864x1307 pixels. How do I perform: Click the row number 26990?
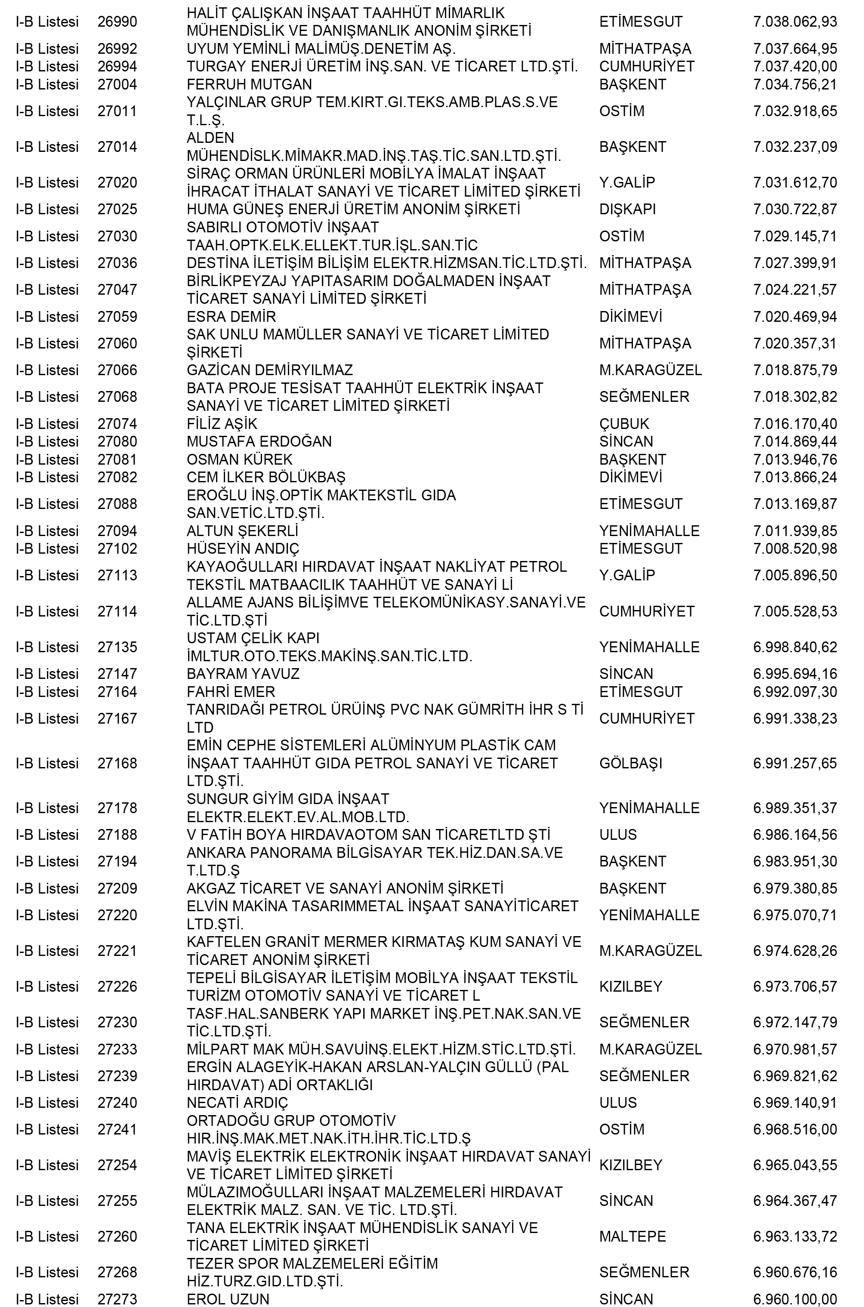[x=117, y=22]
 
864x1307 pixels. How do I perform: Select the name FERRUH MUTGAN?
[x=249, y=84]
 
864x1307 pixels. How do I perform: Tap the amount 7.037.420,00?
[x=795, y=67]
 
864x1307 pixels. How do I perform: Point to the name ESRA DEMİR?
[x=231, y=317]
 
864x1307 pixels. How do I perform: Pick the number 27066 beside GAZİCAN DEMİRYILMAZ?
[x=117, y=370]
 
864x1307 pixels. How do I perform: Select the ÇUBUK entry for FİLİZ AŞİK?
[x=624, y=424]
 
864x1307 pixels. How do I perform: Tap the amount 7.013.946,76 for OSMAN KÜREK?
[x=795, y=459]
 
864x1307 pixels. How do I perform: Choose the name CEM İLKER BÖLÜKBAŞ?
[x=266, y=477]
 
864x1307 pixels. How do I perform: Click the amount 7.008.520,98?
[x=795, y=549]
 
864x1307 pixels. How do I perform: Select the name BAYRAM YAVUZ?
[x=243, y=674]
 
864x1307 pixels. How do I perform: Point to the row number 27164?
[x=117, y=692]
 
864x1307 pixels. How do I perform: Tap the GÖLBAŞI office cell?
[x=630, y=763]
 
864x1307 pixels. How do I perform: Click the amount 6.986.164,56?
[x=795, y=835]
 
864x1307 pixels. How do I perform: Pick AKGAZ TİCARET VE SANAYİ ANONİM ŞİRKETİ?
[x=345, y=888]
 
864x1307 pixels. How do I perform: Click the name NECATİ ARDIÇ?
[x=237, y=1103]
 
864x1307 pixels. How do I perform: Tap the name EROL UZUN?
[x=228, y=1299]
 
